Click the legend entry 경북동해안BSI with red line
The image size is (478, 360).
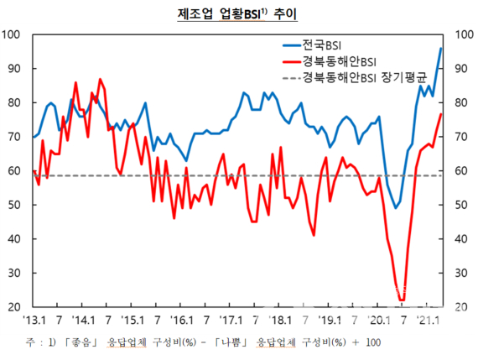(336, 61)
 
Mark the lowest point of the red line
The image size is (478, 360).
(402, 300)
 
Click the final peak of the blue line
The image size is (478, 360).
(441, 49)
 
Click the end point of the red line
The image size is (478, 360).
(442, 114)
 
